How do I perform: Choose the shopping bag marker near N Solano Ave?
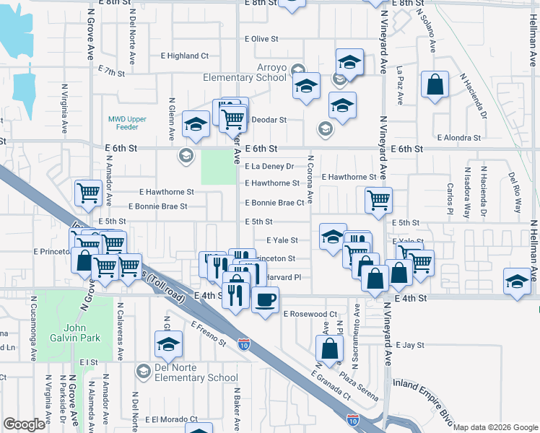[x=435, y=85]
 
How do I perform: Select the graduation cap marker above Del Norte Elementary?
[x=168, y=344]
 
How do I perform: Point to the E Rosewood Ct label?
[x=310, y=314]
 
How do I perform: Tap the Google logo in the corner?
[x=24, y=424]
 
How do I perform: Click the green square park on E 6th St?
[x=218, y=167]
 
